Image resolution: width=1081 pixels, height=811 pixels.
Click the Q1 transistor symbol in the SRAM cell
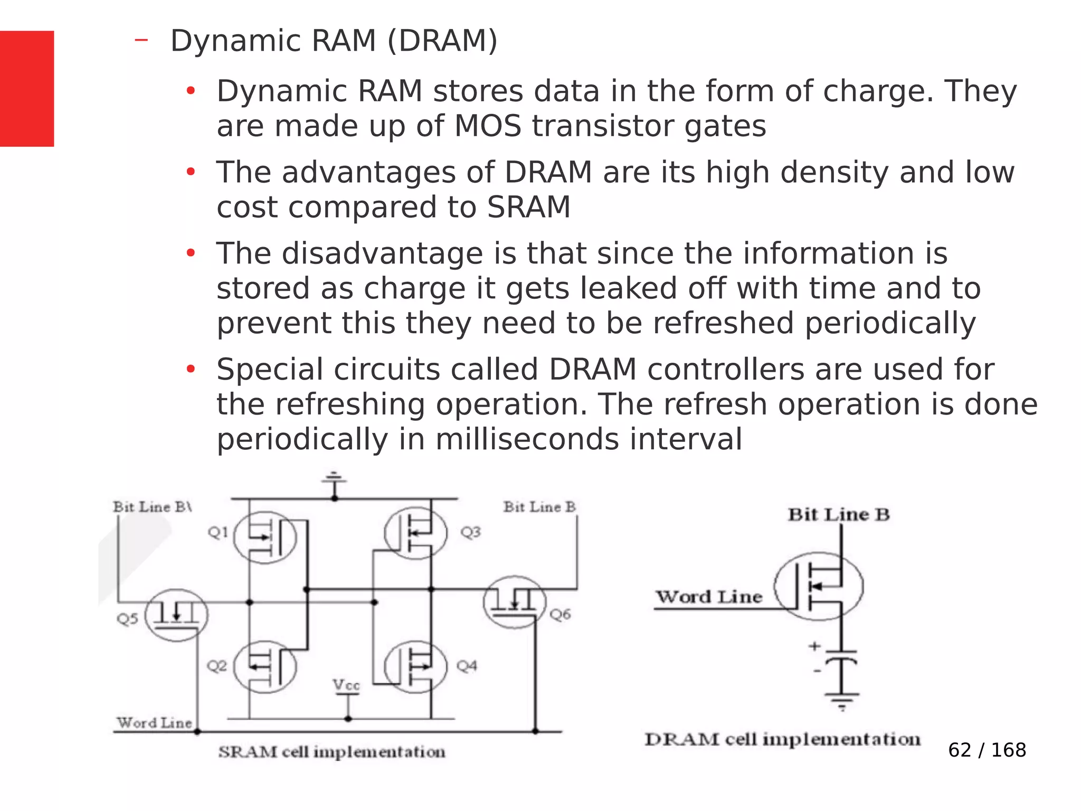[265, 537]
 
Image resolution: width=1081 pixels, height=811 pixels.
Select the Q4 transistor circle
[416, 666]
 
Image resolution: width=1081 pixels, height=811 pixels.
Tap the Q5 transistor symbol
[177, 615]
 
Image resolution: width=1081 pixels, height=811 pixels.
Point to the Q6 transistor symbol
[514, 602]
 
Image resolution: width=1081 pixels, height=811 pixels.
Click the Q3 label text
[470, 532]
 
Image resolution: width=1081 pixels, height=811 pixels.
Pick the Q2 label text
[217, 666]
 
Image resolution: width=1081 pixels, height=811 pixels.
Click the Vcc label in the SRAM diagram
[346, 685]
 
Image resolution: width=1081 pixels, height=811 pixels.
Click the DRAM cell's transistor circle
[819, 586]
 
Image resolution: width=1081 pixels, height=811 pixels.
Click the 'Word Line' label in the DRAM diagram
[709, 597]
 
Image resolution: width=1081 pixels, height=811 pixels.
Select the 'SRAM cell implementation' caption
[331, 751]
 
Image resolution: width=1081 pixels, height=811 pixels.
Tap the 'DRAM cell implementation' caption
[782, 739]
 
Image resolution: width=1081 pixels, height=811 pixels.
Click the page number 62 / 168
[987, 750]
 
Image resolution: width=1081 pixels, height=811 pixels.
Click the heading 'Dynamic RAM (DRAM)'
[334, 41]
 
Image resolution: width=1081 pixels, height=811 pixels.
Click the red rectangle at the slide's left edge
[27, 89]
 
